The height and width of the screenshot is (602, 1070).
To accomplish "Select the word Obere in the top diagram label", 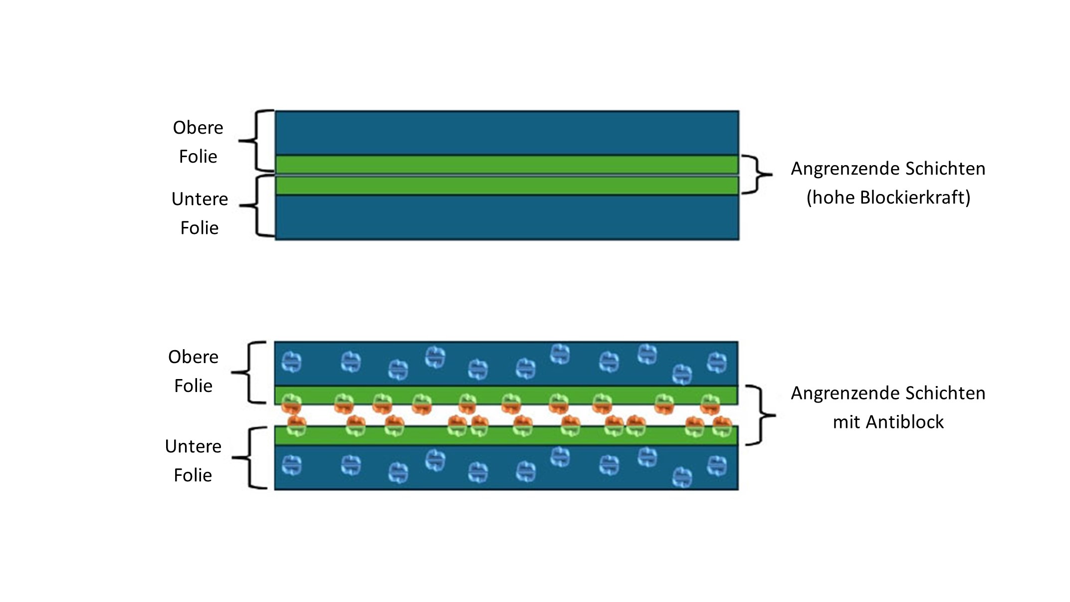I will click(198, 128).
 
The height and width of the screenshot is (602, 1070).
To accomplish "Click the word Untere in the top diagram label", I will click(200, 199).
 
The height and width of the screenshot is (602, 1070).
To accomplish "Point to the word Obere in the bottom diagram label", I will click(193, 357).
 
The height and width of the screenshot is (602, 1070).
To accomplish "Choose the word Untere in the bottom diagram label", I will click(193, 446).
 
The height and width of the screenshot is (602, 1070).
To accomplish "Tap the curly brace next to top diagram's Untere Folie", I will click(256, 205).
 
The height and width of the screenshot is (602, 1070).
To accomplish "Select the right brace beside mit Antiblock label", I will click(760, 415).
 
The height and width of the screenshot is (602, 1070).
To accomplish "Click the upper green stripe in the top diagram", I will click(506, 165).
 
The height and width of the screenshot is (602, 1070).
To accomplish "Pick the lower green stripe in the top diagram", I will click(506, 186).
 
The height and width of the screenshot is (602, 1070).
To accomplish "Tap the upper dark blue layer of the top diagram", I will click(506, 133).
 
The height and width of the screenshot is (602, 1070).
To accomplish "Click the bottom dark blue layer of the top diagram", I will click(506, 217).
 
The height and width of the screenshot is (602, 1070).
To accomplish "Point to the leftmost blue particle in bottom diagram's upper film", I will click(291, 362).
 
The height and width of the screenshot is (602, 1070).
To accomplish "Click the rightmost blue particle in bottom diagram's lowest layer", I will click(717, 466).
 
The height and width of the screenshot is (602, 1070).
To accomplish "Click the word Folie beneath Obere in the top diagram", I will click(198, 157).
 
